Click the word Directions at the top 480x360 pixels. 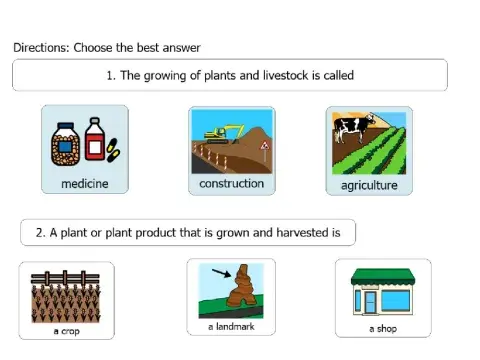click(x=40, y=47)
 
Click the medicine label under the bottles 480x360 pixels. click(x=84, y=184)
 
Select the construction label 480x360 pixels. click(x=231, y=183)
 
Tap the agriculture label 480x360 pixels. click(x=369, y=185)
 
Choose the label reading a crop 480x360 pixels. click(x=67, y=331)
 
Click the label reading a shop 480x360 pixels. click(x=382, y=328)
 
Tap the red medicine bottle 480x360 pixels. click(x=95, y=140)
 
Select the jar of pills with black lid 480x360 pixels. click(x=66, y=142)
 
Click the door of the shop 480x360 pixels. click(x=373, y=301)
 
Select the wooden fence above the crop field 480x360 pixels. click(x=66, y=277)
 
